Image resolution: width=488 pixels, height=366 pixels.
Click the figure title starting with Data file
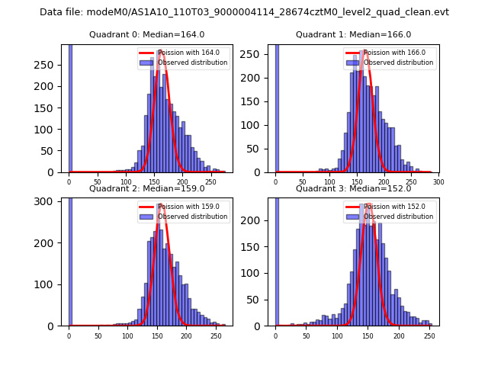[244, 12]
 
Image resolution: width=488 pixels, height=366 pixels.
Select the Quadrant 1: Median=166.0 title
[353, 34]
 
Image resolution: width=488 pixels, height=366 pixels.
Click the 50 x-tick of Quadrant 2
[98, 335]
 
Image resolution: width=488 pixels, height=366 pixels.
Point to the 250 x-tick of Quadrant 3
[429, 335]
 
